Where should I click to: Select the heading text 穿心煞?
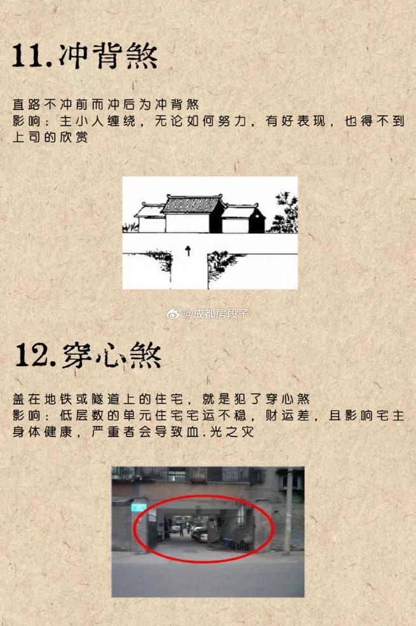[x=112, y=355]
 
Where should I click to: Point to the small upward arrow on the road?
[x=188, y=252]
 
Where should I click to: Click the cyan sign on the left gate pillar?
[x=138, y=507]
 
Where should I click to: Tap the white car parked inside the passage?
[x=199, y=533]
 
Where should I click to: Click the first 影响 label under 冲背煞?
[x=25, y=120]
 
